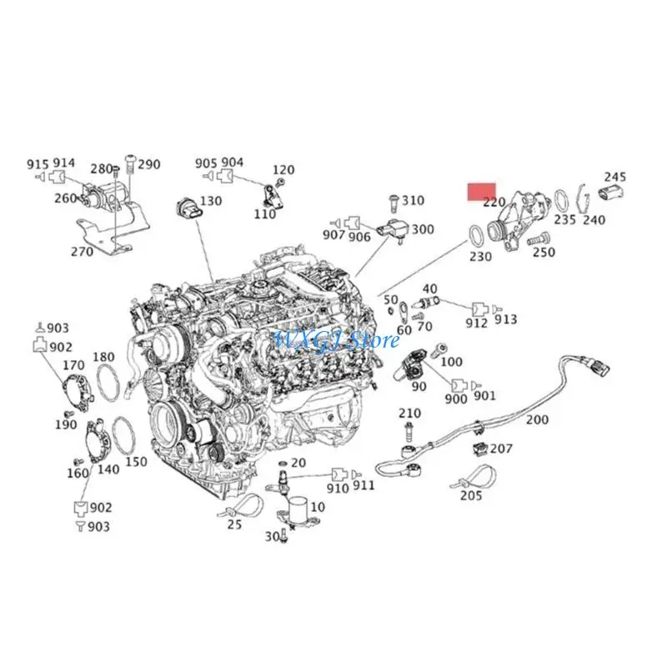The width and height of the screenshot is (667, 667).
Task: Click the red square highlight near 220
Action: (x=481, y=193)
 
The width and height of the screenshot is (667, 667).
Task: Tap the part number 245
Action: (x=614, y=177)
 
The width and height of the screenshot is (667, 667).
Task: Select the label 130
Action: (x=210, y=201)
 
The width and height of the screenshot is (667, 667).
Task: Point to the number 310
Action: (x=412, y=200)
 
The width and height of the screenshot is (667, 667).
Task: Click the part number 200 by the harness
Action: (x=538, y=419)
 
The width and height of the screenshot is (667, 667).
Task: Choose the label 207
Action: (x=501, y=449)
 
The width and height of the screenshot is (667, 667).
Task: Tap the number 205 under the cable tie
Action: (x=470, y=496)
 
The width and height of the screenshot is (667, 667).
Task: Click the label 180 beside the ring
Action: (x=103, y=358)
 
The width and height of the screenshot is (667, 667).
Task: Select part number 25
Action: (x=234, y=524)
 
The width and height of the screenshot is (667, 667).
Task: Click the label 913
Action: (x=505, y=320)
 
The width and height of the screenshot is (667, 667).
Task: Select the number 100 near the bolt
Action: (x=451, y=362)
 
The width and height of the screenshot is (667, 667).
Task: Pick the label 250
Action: (x=543, y=252)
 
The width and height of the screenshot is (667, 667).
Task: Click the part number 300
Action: (x=423, y=229)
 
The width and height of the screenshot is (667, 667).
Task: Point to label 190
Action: (x=66, y=425)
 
